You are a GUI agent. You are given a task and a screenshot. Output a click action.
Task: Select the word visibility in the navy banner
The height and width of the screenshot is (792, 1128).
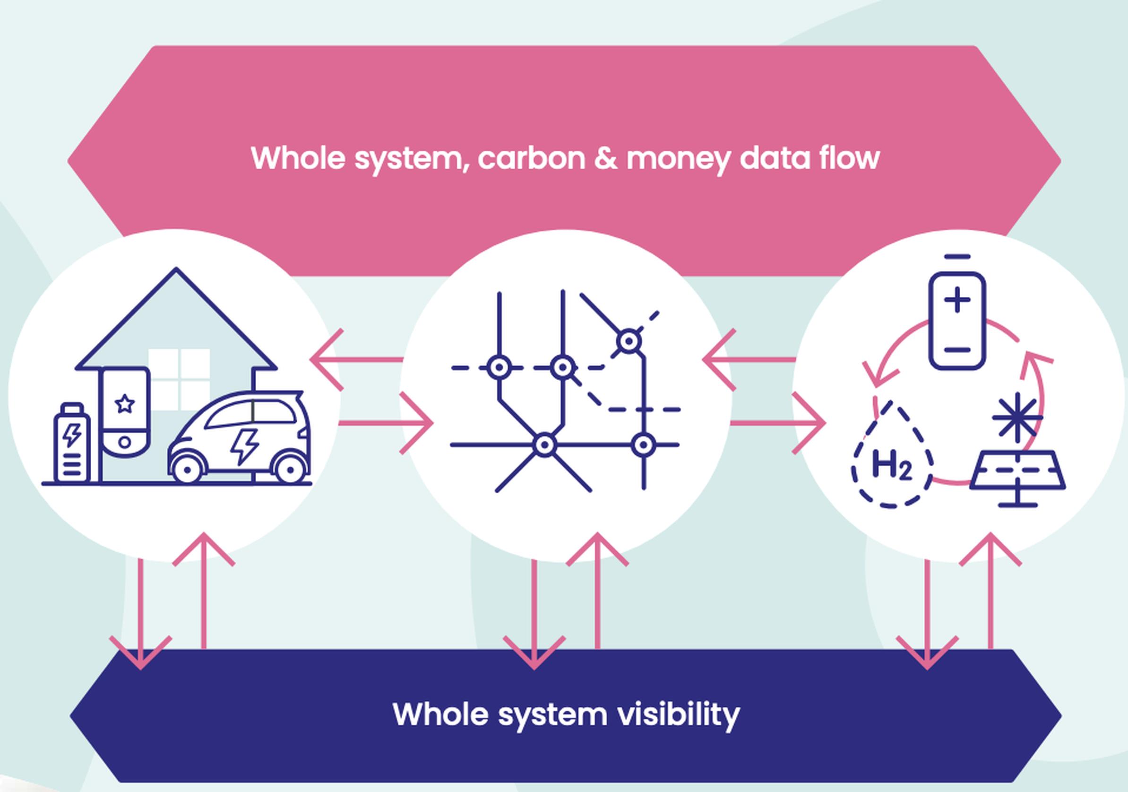pos(678,715)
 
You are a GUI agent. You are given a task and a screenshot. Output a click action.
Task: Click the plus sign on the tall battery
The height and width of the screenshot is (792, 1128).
pos(957,300)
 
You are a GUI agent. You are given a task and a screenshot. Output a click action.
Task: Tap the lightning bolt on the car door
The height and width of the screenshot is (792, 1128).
pos(245,446)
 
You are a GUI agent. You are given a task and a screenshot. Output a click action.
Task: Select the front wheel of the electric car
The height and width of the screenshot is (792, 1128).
pos(187,470)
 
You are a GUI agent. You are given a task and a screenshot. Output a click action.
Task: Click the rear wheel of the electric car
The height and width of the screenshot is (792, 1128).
pos(290,470)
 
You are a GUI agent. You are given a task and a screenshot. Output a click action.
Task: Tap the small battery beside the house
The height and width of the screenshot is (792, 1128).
pos(72,444)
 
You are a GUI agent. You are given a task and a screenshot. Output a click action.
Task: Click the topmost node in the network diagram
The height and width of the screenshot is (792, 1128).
pos(629,341)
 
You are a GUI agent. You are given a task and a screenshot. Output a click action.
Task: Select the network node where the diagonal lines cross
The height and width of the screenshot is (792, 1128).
pos(544,445)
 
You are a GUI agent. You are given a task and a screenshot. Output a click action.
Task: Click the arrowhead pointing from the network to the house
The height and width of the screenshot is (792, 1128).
pos(326,360)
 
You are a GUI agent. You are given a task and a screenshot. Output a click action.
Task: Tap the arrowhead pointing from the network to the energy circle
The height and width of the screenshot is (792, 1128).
pos(809,423)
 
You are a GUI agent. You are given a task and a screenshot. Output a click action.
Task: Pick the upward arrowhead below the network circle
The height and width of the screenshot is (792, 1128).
pos(597,548)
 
